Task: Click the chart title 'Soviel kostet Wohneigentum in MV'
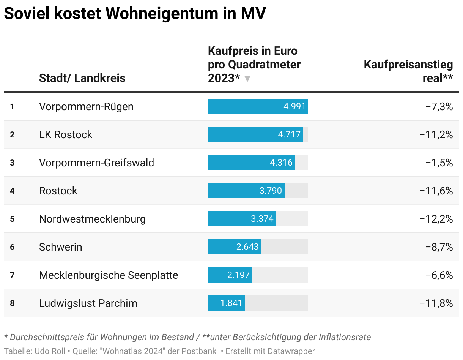(x=135, y=14)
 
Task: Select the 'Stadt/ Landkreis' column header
(x=82, y=78)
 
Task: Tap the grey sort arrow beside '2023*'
(x=247, y=79)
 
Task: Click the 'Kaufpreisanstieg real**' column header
(x=408, y=71)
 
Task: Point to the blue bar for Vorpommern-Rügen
(x=258, y=106)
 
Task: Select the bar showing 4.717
(x=255, y=134)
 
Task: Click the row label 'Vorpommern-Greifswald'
(x=96, y=163)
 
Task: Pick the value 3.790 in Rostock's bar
(x=271, y=191)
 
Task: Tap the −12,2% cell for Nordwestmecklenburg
(x=436, y=219)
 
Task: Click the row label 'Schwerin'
(x=60, y=247)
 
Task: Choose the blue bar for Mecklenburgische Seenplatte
(x=230, y=275)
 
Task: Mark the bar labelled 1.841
(x=226, y=303)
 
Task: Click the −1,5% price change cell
(x=439, y=163)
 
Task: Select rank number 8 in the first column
(x=12, y=303)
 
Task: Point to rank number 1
(x=12, y=106)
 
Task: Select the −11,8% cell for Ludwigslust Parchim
(x=436, y=303)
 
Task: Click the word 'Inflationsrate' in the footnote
(x=345, y=337)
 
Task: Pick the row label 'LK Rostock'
(x=66, y=134)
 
